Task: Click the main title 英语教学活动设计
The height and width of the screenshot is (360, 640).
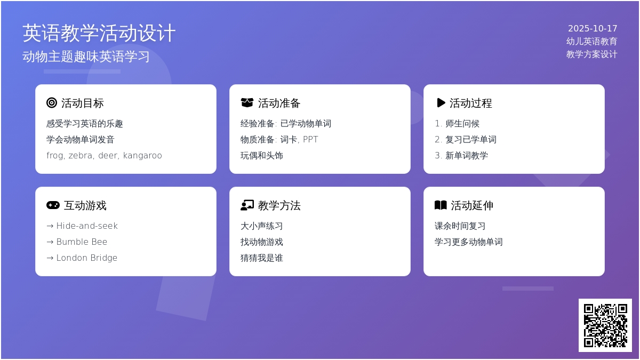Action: coord(99,33)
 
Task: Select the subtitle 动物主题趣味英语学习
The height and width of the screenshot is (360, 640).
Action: coord(86,57)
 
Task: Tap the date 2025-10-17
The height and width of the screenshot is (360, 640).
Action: coord(593,28)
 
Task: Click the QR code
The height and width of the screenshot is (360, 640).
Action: coord(605,325)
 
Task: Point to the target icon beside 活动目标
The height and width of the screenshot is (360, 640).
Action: coord(52,103)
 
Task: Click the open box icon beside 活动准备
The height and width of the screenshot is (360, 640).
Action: coord(247,102)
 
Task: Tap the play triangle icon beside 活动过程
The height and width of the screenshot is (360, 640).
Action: coord(441,103)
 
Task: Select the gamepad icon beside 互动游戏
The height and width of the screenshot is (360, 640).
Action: coord(53,205)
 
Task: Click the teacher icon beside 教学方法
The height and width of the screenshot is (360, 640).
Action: coord(247,205)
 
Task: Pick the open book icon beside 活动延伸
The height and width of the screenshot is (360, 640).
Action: coord(441,205)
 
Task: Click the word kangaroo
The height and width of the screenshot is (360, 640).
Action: coord(142,155)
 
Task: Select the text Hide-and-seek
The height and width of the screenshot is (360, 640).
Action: coord(87,226)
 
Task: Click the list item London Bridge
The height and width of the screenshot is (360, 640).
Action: coord(86,258)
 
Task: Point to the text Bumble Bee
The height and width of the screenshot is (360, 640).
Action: coord(82,242)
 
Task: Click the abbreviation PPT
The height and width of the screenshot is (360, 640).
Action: coord(310,139)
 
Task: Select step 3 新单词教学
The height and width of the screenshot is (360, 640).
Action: coord(461,155)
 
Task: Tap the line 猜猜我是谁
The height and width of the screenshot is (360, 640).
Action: coord(262,258)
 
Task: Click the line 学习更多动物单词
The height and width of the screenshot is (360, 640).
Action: coord(469,242)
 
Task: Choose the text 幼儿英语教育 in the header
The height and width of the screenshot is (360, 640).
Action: coord(591,42)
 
